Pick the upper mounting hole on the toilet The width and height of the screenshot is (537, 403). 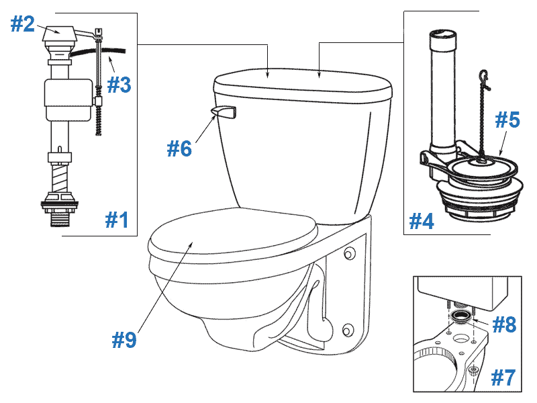tap(348, 255)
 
